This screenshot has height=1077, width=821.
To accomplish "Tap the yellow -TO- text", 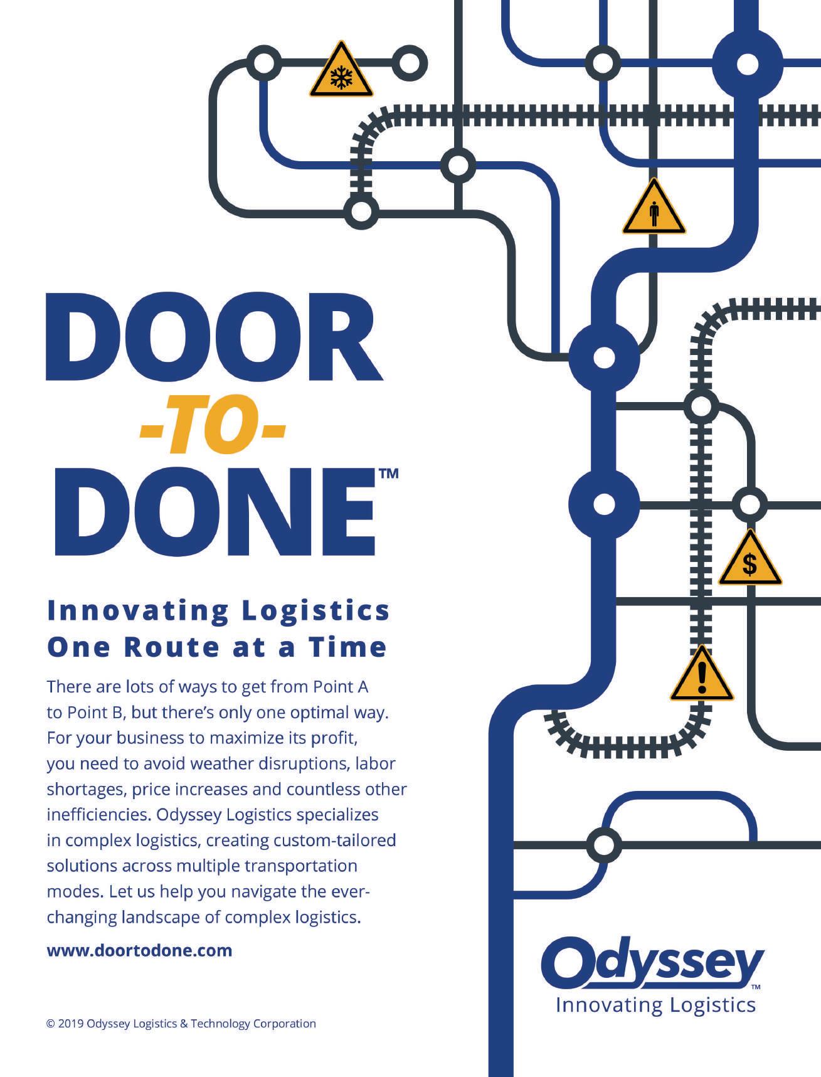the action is (212, 432).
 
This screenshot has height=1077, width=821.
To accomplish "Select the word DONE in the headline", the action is (214, 511).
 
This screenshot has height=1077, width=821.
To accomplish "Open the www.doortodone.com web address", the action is (139, 950).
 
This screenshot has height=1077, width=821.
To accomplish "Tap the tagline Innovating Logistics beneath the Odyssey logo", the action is (655, 1005).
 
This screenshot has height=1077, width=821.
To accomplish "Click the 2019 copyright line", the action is (181, 1024).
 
